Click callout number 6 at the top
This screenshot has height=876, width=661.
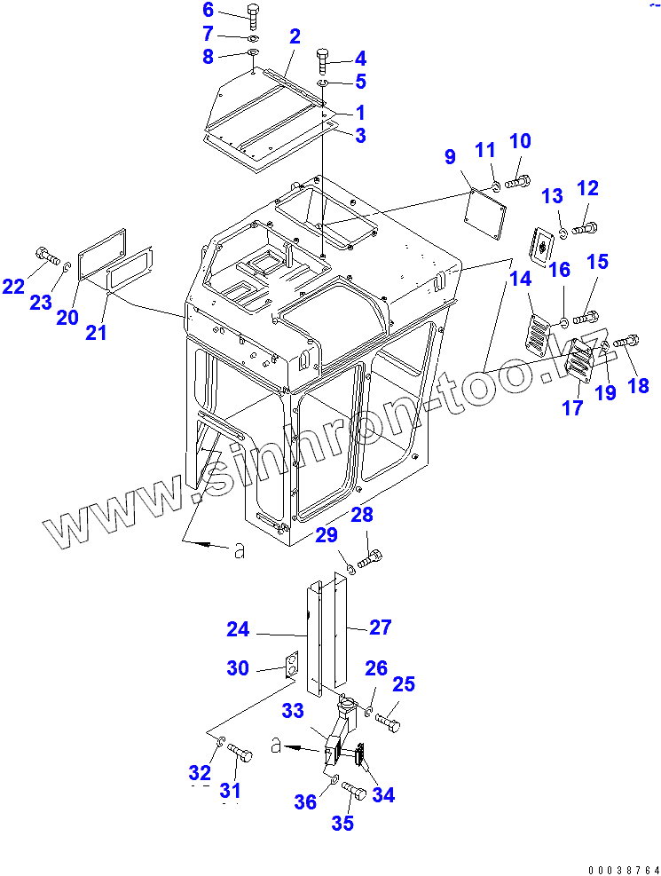pos(208,10)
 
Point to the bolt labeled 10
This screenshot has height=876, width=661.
pos(517,184)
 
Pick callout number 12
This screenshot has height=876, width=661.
pos(587,187)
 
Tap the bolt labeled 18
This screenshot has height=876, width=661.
pos(626,340)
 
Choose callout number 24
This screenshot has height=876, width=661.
pos(237,629)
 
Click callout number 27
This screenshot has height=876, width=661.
pos(380,627)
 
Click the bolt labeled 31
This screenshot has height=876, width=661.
pos(240,754)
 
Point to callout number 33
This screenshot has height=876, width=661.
pos(293,710)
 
